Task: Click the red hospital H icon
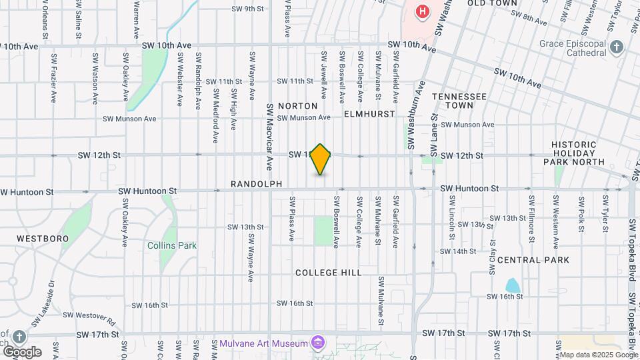[x=421, y=11]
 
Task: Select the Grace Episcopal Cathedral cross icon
[x=617, y=47]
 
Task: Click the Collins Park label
[x=172, y=245]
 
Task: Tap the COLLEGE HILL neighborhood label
[x=328, y=273]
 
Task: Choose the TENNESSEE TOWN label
[x=459, y=101]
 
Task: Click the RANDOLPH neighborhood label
[x=256, y=183]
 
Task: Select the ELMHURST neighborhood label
[x=365, y=114]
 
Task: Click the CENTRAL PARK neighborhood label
[x=533, y=259]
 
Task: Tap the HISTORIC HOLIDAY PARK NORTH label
[x=578, y=153]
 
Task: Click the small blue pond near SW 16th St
[x=513, y=285]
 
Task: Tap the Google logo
[x=22, y=351]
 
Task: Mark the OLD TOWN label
[x=492, y=3]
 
